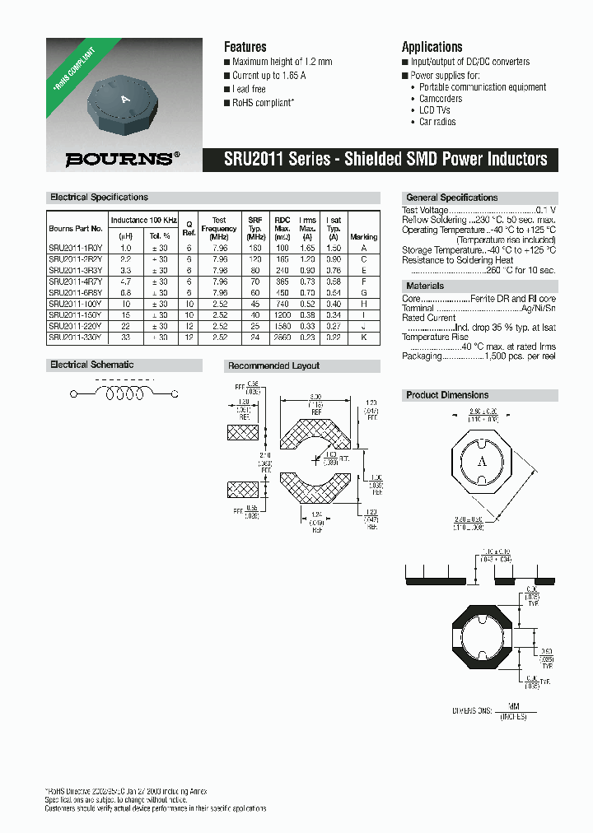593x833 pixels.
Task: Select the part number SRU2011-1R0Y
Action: tap(76, 247)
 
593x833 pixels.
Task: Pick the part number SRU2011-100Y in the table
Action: tap(76, 303)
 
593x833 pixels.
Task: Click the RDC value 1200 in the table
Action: tap(282, 314)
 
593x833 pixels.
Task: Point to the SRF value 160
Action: tap(254, 247)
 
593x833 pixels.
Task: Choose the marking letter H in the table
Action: tap(364, 303)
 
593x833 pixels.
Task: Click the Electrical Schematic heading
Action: tap(91, 365)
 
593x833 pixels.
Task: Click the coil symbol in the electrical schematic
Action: tap(123, 395)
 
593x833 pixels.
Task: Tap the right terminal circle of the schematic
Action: tap(175, 395)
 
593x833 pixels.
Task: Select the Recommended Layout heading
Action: tap(273, 365)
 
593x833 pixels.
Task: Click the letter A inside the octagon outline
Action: tap(482, 461)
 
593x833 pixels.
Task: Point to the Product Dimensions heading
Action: tap(447, 395)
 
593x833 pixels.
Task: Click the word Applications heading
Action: tap(432, 47)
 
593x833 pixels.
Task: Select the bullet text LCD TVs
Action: tap(437, 110)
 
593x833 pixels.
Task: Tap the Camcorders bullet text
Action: tap(441, 99)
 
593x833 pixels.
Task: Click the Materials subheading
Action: tap(424, 286)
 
